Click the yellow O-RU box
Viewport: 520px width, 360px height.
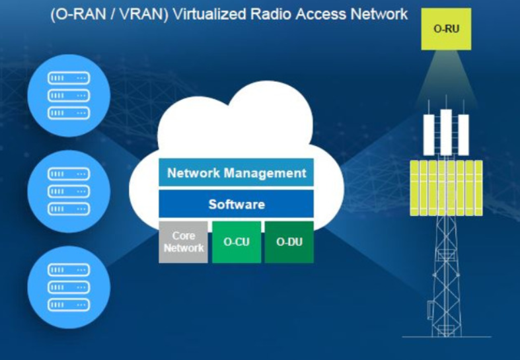446,29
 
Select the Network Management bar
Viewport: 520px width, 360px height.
236,172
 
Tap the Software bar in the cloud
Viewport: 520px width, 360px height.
236,204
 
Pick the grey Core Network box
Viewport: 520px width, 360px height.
184,242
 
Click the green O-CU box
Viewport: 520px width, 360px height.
237,242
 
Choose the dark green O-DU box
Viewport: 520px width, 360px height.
289,242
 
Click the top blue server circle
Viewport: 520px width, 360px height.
69,96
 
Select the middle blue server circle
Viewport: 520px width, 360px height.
69,192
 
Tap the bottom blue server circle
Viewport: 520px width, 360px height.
69,287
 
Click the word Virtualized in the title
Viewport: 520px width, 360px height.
209,15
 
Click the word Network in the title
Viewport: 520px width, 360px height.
379,15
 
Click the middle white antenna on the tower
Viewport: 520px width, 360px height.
446,132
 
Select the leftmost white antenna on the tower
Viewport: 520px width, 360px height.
429,135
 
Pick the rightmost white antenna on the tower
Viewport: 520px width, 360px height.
463,135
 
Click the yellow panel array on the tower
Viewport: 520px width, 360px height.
446,188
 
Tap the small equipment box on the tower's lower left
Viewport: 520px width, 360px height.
430,310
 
